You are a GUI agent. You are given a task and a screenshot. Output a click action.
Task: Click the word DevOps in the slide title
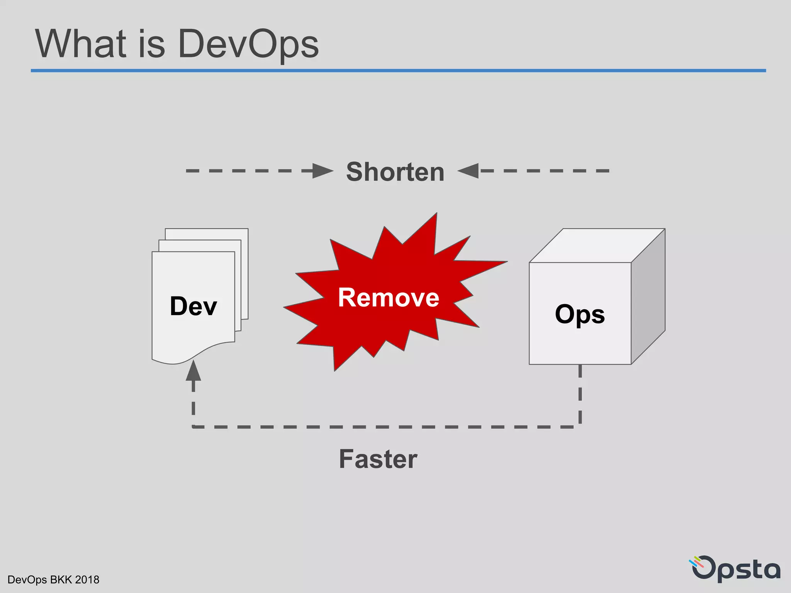tap(248, 44)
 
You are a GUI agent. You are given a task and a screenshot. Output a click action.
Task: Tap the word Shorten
tap(395, 172)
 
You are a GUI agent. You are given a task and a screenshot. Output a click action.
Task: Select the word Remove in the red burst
tap(389, 298)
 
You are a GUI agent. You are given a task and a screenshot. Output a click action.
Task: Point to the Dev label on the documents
tap(194, 306)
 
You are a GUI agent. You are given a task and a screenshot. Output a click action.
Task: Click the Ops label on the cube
tap(580, 314)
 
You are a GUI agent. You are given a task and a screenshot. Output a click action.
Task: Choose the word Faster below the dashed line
tap(378, 459)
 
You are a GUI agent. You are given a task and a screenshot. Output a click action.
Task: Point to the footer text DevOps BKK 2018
tap(53, 580)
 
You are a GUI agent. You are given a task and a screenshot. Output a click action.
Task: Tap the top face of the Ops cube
tap(597, 246)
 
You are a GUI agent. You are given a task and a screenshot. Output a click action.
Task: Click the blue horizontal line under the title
tap(398, 71)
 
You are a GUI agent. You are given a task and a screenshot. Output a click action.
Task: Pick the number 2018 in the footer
tap(87, 580)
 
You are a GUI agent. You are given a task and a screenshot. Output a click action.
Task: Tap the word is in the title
tap(151, 44)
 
